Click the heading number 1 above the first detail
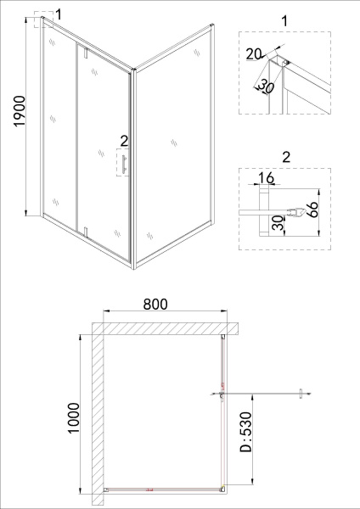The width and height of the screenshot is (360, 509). [x=284, y=16]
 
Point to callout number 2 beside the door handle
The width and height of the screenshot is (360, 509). [x=124, y=142]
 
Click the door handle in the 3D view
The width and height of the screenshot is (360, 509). [x=123, y=165]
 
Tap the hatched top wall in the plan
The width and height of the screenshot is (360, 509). [x=161, y=328]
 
